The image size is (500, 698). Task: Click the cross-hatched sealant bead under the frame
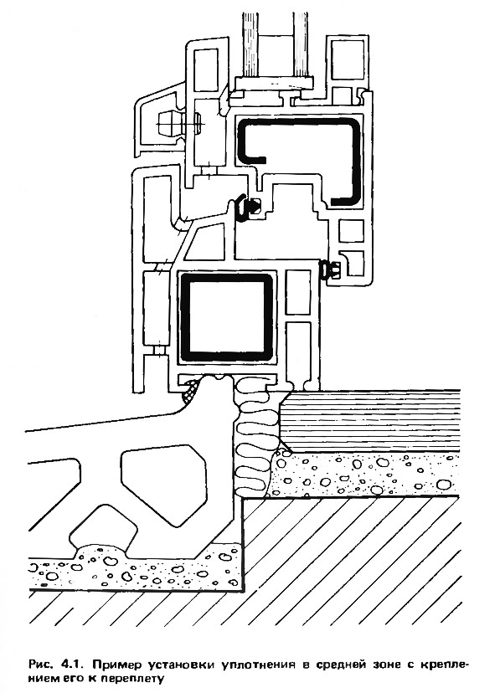tap(190, 390)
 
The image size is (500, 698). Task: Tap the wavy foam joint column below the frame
tap(253, 437)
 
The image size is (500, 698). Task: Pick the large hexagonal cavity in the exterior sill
tap(164, 483)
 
